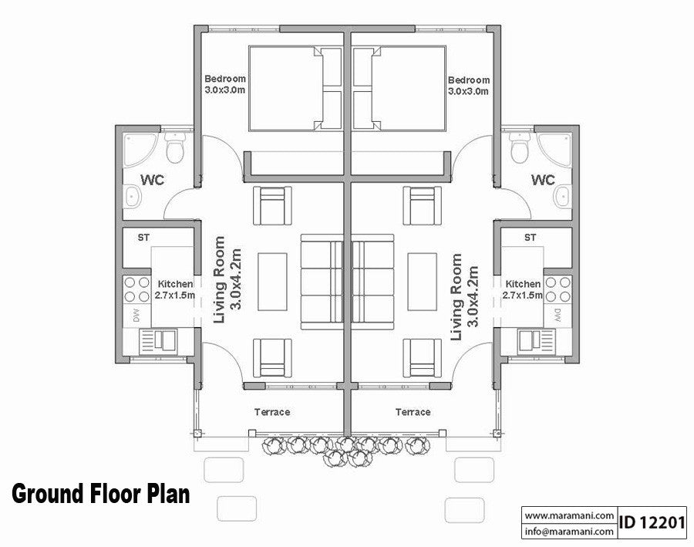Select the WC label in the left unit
[152, 181]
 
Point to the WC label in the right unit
[543, 181]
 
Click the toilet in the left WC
[177, 150]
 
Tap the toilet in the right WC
[518, 150]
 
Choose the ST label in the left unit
[143, 238]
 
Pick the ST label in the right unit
[530, 238]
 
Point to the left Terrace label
[272, 412]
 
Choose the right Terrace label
[413, 412]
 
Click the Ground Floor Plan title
[100, 494]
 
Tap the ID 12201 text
[652, 522]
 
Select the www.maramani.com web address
[568, 515]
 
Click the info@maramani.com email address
[568, 531]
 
